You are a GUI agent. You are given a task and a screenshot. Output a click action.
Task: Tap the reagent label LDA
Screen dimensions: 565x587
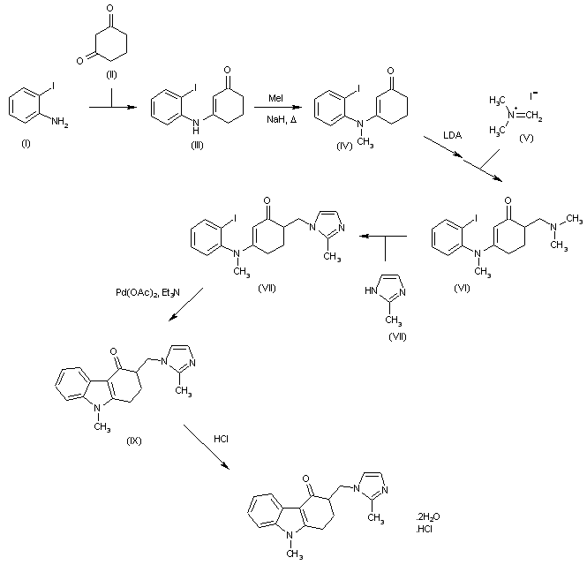pyautogui.click(x=455, y=135)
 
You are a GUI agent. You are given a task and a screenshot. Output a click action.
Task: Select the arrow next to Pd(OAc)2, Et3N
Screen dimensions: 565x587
pyautogui.click(x=188, y=305)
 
